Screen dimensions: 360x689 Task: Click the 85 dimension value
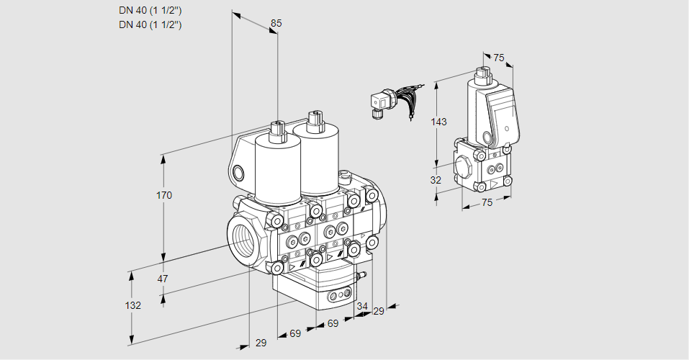click(x=276, y=23)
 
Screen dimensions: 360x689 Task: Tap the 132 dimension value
click(x=132, y=305)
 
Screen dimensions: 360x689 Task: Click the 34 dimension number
click(x=362, y=306)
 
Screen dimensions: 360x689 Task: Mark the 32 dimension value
click(x=436, y=180)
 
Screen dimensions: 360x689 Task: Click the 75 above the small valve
click(x=498, y=58)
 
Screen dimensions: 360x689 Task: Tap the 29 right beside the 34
click(x=379, y=310)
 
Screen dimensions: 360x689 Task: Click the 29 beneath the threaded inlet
click(x=261, y=343)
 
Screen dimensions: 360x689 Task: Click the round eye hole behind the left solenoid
click(x=238, y=172)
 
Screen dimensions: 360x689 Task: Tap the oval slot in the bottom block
click(x=338, y=295)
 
